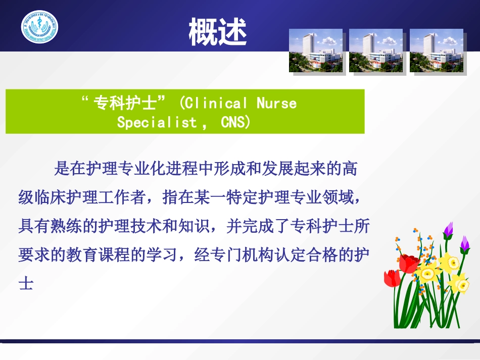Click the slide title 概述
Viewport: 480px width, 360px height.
[x=218, y=32]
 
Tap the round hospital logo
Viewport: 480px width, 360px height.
[x=39, y=27]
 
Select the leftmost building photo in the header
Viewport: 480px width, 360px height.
[x=316, y=50]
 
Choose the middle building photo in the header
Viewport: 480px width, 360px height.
[x=376, y=50]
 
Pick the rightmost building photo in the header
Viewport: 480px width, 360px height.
[x=436, y=50]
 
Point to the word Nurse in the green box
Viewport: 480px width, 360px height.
[x=276, y=104]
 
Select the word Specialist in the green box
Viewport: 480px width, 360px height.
[x=157, y=123]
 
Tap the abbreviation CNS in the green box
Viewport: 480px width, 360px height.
[x=233, y=123]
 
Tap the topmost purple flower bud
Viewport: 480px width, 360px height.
[x=448, y=230]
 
